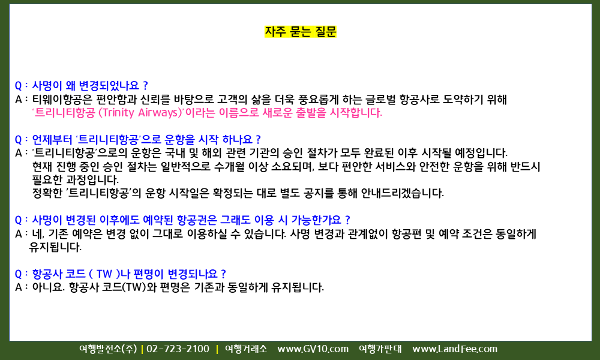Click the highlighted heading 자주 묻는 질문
point(301,31)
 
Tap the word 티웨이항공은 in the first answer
point(62,100)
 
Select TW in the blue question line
point(104,274)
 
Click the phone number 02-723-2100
point(178,349)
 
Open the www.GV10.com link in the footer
point(313,349)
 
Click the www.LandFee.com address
point(455,349)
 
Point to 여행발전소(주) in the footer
point(108,349)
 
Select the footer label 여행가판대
point(380,349)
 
